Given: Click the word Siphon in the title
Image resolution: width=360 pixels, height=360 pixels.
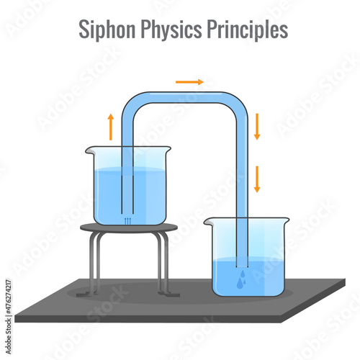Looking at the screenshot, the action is point(107,30).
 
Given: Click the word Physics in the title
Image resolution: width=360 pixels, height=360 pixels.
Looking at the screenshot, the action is point(171,30).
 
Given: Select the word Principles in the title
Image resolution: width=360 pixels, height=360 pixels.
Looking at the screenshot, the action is point(248,30).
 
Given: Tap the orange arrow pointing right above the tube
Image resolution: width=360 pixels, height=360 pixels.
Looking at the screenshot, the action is point(189,82).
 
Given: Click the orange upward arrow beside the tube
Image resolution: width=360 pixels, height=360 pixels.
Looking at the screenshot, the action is point(111,127).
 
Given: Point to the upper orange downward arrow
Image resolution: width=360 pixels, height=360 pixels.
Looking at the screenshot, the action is point(257,127).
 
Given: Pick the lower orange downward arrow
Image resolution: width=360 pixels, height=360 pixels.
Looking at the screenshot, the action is point(257,179).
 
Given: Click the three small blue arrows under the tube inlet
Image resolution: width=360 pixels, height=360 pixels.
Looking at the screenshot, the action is point(128,221).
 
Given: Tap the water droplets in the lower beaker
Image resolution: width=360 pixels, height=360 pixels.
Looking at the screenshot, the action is point(242,279).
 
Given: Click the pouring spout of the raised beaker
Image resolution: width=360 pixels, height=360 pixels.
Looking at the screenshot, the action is point(89,150).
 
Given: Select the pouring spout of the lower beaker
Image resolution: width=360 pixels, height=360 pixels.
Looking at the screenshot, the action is point(207,222).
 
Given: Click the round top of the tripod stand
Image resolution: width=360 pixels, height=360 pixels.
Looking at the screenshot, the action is point(129,228).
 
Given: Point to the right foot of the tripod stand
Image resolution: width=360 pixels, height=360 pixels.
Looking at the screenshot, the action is point(169,294).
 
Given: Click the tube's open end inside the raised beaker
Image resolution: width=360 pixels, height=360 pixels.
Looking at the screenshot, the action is point(127,213).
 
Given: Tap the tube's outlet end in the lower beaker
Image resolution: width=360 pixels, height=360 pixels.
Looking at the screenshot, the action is point(242,266).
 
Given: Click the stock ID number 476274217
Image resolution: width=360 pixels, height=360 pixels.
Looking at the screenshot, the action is point(9,297).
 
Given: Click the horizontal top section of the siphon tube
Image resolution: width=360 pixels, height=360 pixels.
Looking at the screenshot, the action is point(185,97).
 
